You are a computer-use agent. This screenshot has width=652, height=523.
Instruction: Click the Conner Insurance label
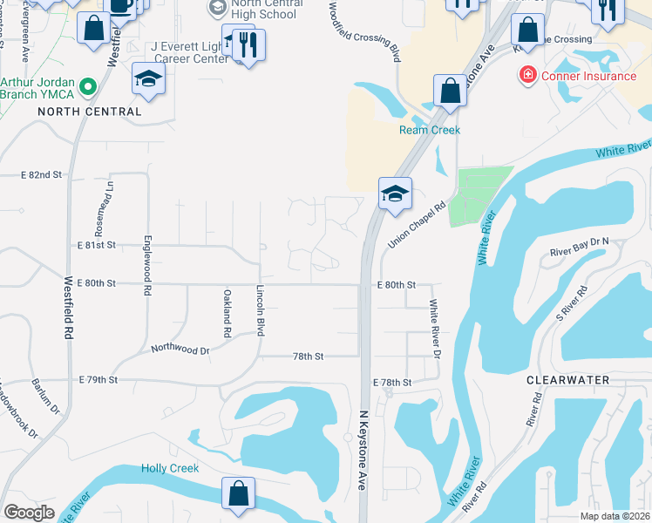point(588,76)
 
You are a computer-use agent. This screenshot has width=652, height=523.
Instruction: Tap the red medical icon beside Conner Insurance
point(526,76)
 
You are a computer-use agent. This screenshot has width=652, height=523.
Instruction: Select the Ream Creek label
point(429,130)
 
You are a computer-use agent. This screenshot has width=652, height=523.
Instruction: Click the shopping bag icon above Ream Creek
point(449,91)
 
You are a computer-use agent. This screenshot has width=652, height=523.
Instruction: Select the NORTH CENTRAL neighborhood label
point(90,112)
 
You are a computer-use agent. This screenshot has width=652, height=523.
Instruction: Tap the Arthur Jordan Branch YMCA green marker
point(87,87)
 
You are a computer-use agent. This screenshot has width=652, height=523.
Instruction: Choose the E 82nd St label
point(42,175)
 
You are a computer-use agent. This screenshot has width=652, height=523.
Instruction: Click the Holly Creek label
point(170,469)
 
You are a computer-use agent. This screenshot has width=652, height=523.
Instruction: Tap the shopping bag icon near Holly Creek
point(238,493)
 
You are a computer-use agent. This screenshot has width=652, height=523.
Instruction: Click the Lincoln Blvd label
point(260,309)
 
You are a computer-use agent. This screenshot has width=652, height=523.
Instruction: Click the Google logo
point(30,512)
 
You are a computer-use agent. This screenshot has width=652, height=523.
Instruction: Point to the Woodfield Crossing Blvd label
point(365,31)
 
